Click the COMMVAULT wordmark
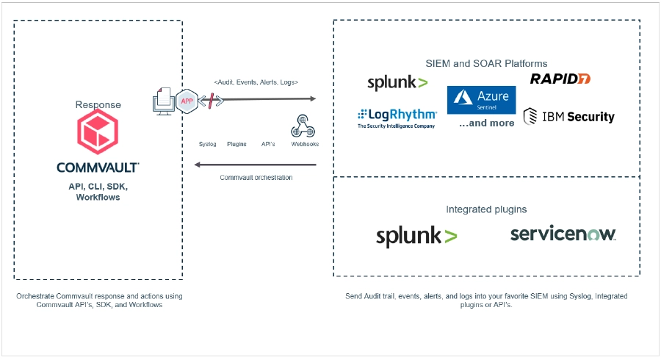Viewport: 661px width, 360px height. [98, 168]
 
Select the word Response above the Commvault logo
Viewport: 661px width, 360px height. [98, 105]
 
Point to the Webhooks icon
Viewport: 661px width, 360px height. [303, 126]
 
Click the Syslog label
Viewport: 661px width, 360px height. [208, 144]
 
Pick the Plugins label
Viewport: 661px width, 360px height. [236, 144]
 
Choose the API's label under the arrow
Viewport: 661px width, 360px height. [268, 144]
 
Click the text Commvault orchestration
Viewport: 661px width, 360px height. [256, 178]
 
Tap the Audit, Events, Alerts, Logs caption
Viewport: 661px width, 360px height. [256, 82]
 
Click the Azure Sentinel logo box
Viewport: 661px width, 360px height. [481, 100]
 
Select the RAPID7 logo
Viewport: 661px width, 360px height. [560, 79]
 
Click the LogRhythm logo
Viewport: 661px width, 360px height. [397, 118]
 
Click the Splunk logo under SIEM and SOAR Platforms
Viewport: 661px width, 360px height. [397, 83]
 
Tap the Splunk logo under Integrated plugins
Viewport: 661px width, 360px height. [416, 236]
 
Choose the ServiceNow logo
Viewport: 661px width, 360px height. [563, 234]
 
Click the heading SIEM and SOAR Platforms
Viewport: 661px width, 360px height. [486, 63]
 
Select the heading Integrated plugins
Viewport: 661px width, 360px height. [486, 209]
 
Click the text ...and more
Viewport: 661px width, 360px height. [486, 123]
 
